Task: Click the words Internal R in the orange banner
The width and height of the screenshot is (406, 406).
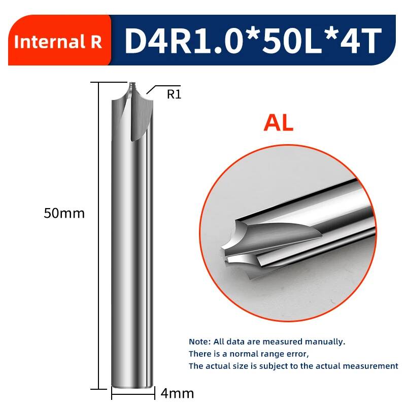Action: (x=58, y=42)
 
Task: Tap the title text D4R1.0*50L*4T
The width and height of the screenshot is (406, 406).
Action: (x=253, y=41)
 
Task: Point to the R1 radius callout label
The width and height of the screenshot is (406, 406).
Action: (x=174, y=94)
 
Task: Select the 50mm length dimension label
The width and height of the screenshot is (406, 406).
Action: (x=64, y=213)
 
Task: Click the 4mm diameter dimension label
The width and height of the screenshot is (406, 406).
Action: (x=177, y=394)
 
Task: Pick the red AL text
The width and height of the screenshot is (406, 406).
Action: (x=279, y=123)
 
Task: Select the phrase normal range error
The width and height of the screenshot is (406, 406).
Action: (x=269, y=354)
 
